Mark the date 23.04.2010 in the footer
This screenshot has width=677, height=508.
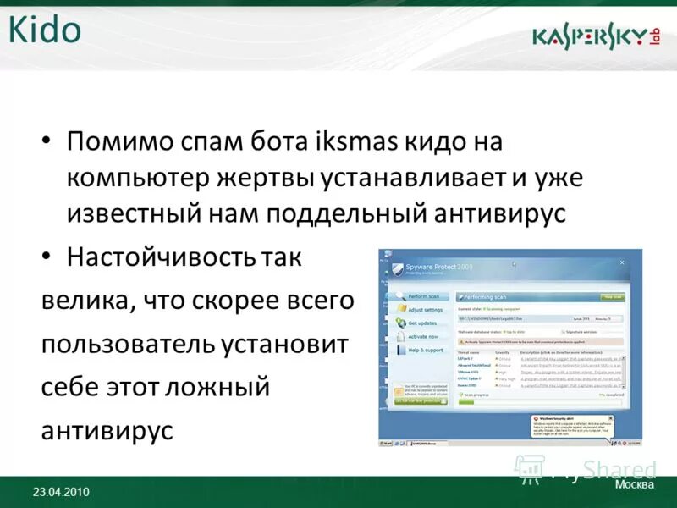click(x=61, y=493)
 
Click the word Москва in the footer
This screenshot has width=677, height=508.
click(x=635, y=485)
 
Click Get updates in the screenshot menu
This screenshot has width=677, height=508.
click(x=423, y=323)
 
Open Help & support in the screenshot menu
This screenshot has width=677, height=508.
click(x=426, y=350)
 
